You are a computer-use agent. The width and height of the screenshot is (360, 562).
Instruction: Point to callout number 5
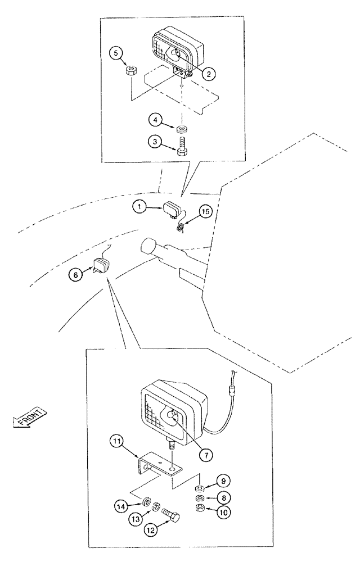(x=115, y=53)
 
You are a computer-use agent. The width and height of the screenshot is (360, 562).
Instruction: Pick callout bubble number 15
(x=205, y=212)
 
